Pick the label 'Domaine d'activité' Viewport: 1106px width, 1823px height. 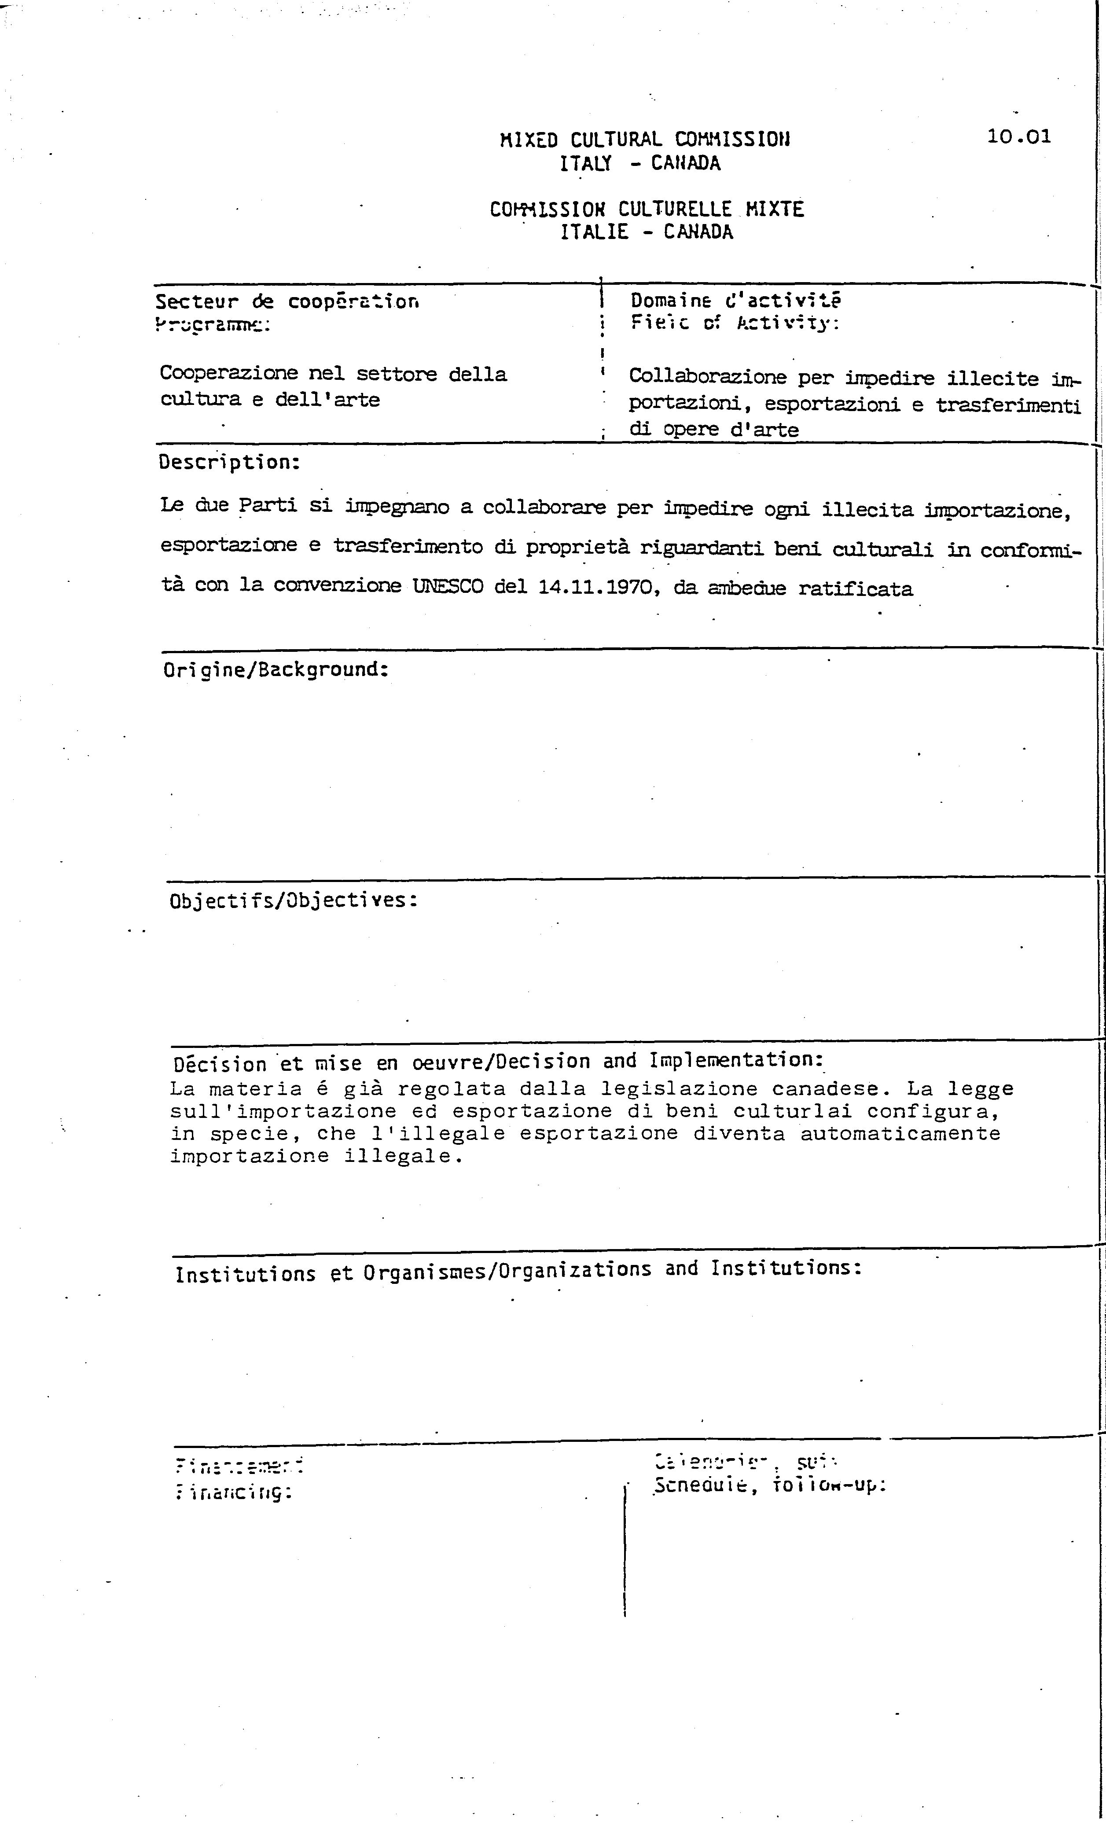pos(735,300)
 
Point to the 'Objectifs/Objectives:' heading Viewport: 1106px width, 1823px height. pos(294,900)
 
